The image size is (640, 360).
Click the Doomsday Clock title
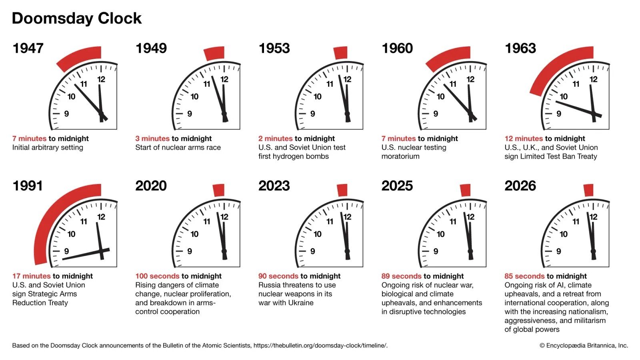(x=76, y=18)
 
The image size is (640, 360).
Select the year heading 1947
(x=28, y=48)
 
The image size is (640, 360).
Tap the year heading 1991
(x=28, y=186)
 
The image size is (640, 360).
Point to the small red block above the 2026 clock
(x=588, y=190)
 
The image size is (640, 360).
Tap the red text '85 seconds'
(x=524, y=276)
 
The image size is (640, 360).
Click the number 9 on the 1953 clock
(x=312, y=114)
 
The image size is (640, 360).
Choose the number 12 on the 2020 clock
(x=224, y=217)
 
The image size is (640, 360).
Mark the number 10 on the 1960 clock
(x=440, y=96)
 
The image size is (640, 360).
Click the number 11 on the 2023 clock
(x=330, y=221)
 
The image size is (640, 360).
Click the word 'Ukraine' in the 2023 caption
(x=300, y=303)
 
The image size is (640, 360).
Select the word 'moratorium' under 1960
(x=400, y=156)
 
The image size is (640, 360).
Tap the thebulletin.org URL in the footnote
(x=320, y=346)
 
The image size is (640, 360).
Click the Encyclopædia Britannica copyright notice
(x=584, y=346)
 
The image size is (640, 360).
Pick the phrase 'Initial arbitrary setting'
(x=48, y=148)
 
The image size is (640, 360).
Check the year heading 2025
(x=397, y=186)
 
